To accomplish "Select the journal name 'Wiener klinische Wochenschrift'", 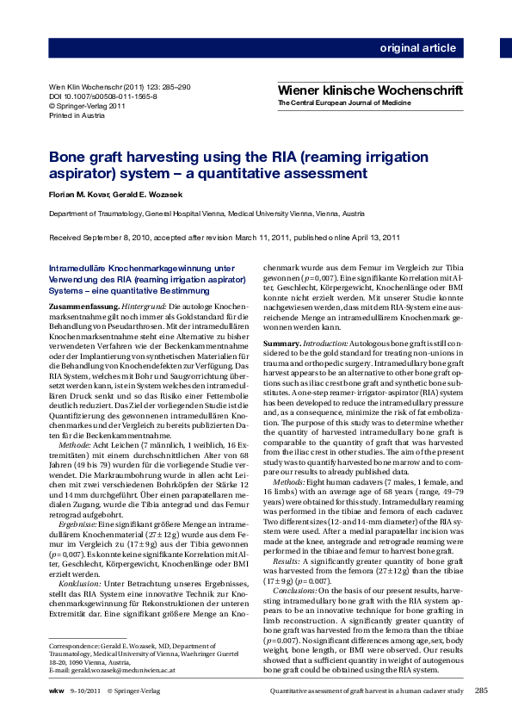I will click(370, 90).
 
